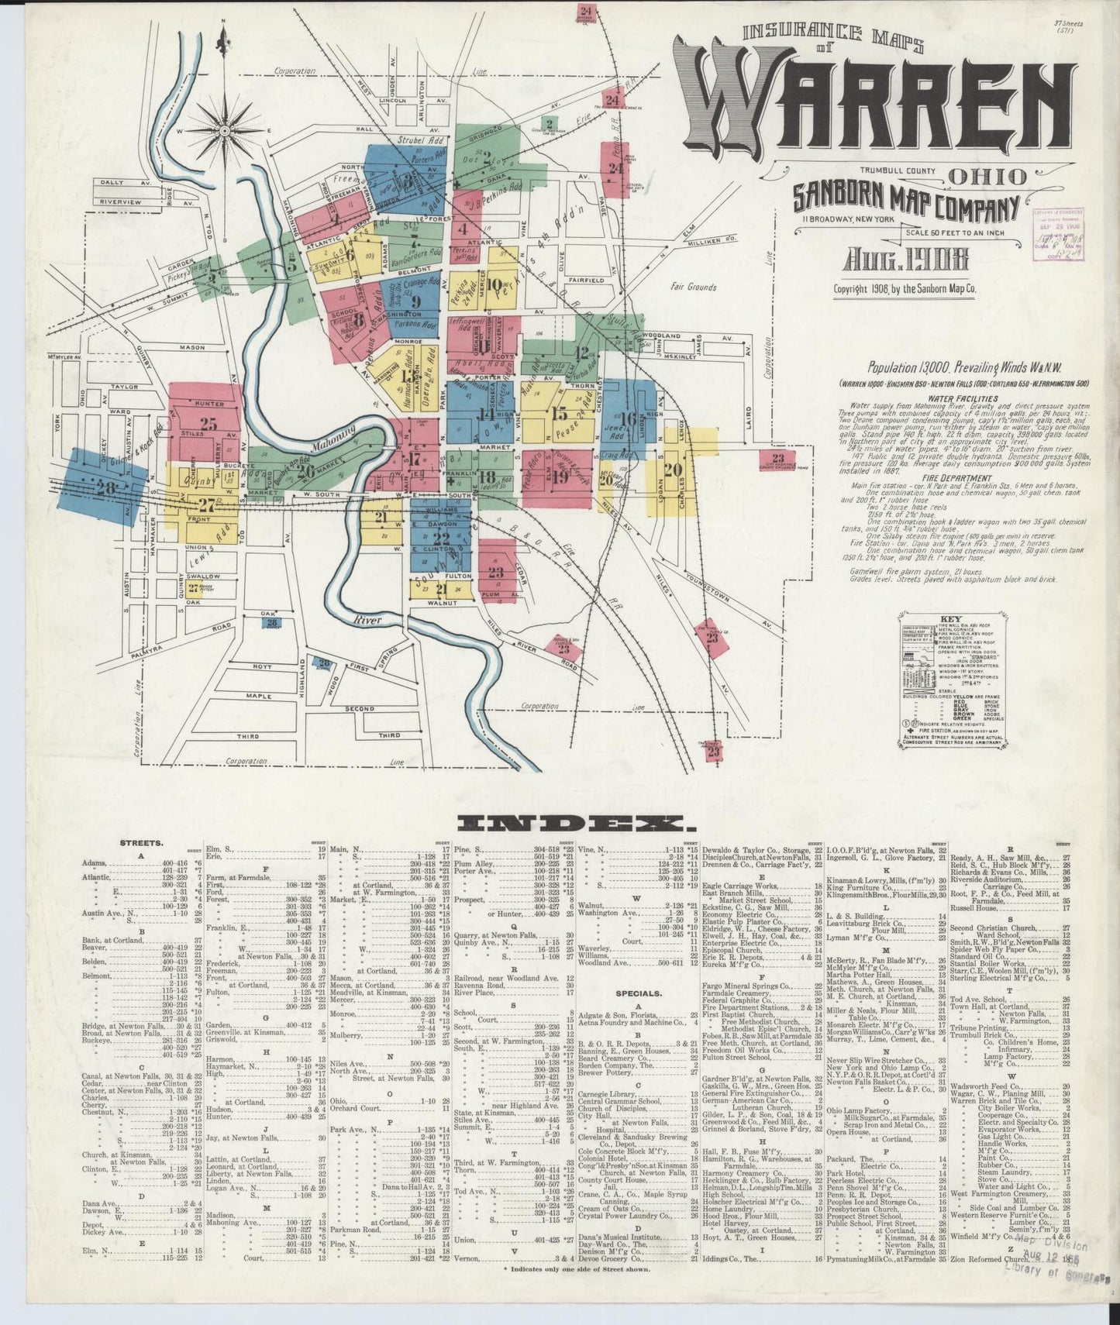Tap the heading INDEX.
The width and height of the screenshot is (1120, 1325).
571,823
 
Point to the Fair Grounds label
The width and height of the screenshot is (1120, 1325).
694,287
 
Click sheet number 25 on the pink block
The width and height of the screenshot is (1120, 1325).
208,424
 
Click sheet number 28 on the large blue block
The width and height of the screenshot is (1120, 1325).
104,487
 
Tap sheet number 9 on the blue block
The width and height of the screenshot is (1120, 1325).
416,302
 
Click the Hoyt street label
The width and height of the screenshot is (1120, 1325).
262,666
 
